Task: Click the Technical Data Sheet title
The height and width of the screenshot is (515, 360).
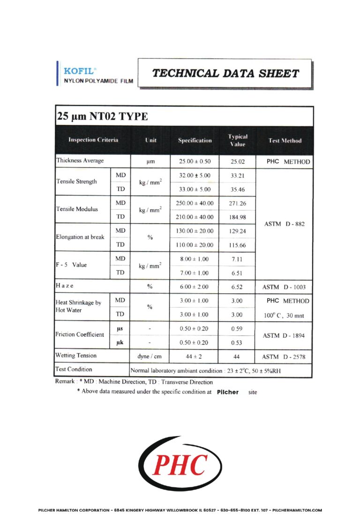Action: [x=225, y=73]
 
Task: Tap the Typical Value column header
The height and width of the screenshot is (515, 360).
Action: [x=238, y=140]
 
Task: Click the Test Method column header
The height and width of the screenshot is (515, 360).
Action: [x=285, y=141]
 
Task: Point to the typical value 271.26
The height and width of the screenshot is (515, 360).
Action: [x=238, y=204]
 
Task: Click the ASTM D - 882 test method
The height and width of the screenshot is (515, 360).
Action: [x=285, y=224]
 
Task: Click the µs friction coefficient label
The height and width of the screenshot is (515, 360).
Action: [x=120, y=329]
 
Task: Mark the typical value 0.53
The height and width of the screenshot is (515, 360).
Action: [x=238, y=342]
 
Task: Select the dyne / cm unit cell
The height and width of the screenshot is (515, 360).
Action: [x=150, y=357]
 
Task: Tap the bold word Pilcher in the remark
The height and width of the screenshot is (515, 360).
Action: [x=228, y=392]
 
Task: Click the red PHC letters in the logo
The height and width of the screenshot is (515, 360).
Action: [x=180, y=465]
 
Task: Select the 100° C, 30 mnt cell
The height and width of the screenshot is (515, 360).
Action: [x=285, y=316]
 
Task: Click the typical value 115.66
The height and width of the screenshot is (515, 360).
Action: [x=238, y=245]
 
